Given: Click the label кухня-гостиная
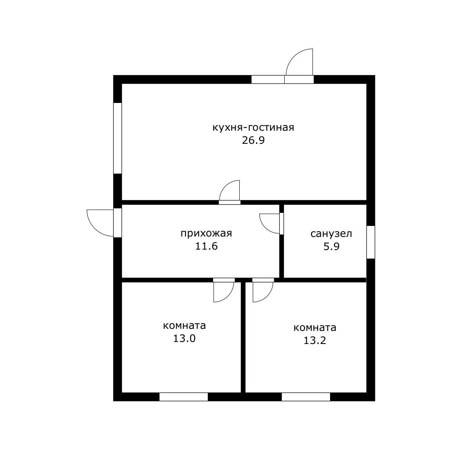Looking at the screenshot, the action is tap(253, 128).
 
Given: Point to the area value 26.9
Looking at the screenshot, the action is tap(253, 141).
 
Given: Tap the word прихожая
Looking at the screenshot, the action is tap(206, 234).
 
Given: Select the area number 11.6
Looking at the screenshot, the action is tap(207, 246).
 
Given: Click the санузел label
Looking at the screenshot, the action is tap(331, 234).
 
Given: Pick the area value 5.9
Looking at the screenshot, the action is tap(331, 246).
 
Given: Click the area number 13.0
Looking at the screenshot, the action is tap(184, 338).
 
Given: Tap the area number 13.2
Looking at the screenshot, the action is tap(315, 341).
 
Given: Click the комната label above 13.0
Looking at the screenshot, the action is tap(184, 326).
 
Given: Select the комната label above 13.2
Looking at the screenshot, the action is tap(315, 328).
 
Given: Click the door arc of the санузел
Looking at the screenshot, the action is tap(265, 227).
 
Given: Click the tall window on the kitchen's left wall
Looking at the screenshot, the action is tap(117, 138).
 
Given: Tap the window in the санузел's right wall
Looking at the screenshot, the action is tap(371, 242).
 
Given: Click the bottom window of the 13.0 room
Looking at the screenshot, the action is tap(184, 397).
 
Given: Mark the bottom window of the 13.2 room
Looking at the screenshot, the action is tap(306, 397).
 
